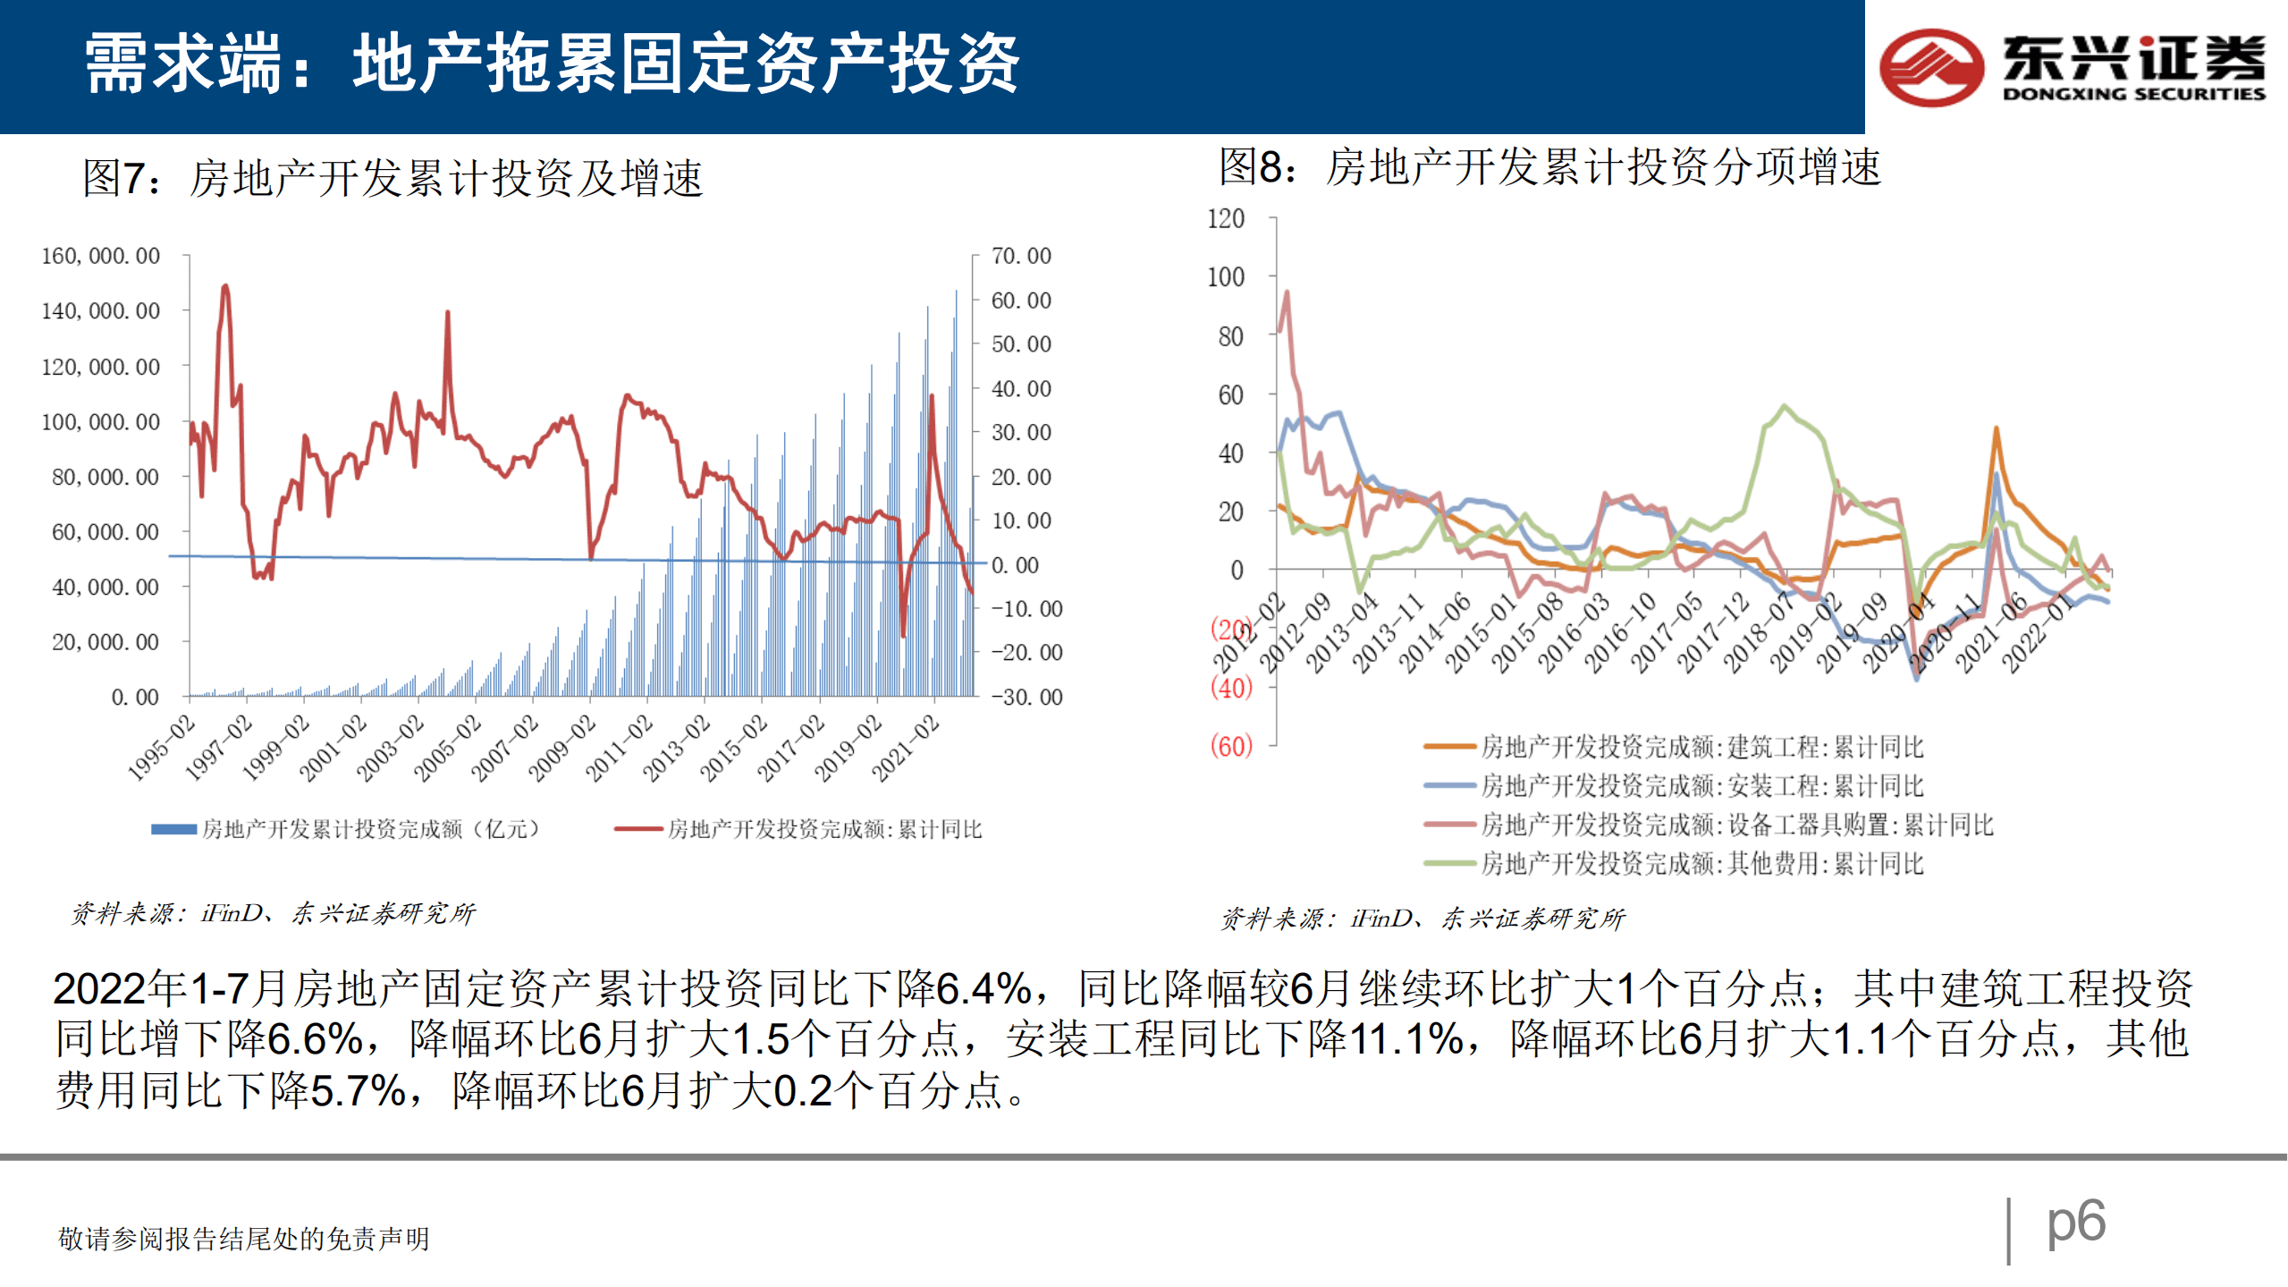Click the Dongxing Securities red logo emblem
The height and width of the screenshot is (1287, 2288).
tap(1931, 67)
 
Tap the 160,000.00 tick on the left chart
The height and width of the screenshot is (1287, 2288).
tap(100, 257)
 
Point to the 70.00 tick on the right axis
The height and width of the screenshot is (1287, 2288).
tap(1020, 257)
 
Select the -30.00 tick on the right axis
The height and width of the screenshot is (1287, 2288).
tap(1026, 698)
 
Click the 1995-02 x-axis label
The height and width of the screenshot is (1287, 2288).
tap(162, 749)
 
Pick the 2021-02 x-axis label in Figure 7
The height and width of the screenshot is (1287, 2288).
tap(906, 749)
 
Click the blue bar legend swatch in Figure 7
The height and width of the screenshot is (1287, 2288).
tap(173, 830)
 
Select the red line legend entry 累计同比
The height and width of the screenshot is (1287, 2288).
tap(823, 830)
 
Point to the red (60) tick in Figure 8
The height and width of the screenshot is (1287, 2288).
tap(1230, 746)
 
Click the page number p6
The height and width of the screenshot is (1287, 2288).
tap(2075, 1222)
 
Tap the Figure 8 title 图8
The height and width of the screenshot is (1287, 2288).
tap(1256, 167)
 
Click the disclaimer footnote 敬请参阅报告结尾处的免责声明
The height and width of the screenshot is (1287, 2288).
tap(243, 1240)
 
